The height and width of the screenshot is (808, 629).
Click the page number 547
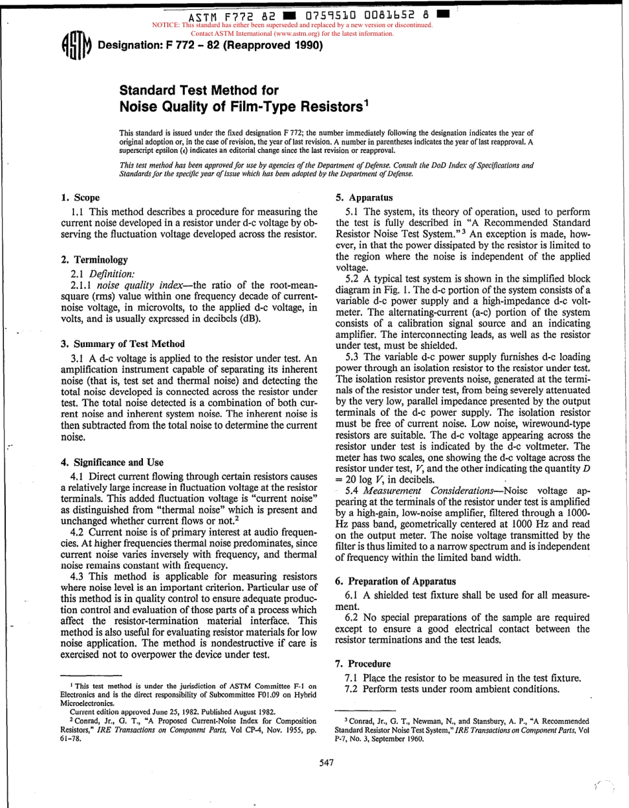pyautogui.click(x=325, y=763)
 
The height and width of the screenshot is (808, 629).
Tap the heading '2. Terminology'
pyautogui.click(x=94, y=260)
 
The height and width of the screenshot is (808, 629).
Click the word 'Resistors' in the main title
pyautogui.click(x=325, y=106)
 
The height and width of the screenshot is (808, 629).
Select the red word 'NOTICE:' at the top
pyautogui.click(x=166, y=25)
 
